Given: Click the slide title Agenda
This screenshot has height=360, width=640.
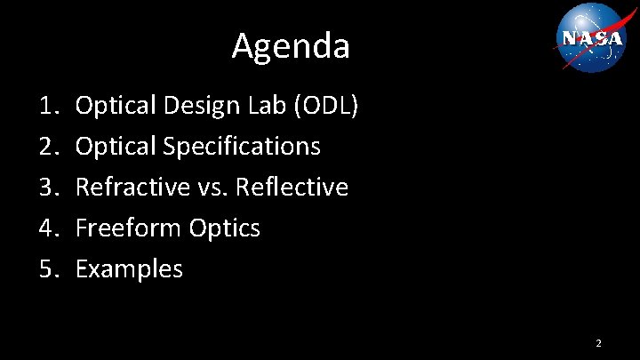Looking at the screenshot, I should click(291, 46).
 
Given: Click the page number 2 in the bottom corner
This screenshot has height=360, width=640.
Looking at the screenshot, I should click(598, 342).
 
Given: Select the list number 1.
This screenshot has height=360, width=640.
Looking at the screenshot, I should click(48, 106).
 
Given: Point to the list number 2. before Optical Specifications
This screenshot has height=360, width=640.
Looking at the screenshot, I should click(48, 147).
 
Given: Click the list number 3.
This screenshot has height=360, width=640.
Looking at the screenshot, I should click(48, 188).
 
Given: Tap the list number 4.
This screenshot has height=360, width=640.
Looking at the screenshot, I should click(48, 228).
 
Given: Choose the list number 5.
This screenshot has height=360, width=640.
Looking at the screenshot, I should click(48, 269).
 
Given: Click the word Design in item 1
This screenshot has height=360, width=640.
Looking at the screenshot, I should click(200, 106).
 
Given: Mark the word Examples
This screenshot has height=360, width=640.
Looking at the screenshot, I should click(129, 269).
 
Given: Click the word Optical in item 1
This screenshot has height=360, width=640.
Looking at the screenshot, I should click(111, 106).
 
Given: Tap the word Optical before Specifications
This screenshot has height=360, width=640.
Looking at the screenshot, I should click(111, 147).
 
